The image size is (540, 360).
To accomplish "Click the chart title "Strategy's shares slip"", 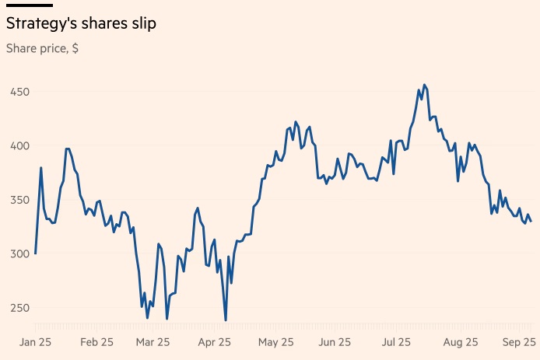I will [x=81, y=24].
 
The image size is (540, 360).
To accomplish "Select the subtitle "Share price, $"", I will [x=42, y=48].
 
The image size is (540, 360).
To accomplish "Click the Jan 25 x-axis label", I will [x=35, y=341].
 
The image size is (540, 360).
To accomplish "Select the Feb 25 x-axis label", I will [x=96, y=341].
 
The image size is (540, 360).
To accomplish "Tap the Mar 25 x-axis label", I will [x=153, y=341].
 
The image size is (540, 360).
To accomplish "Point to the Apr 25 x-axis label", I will [x=215, y=341].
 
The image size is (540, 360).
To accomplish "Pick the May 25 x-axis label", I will [x=275, y=341].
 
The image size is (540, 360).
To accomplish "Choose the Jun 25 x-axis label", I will [x=335, y=341].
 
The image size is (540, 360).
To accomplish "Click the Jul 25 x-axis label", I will [x=396, y=341].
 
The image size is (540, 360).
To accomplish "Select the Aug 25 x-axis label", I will [x=459, y=341].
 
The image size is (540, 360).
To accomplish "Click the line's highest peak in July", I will [x=424, y=85].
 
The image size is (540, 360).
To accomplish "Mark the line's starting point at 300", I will [x=36, y=253].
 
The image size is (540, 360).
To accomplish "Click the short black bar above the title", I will [x=30, y=5].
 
